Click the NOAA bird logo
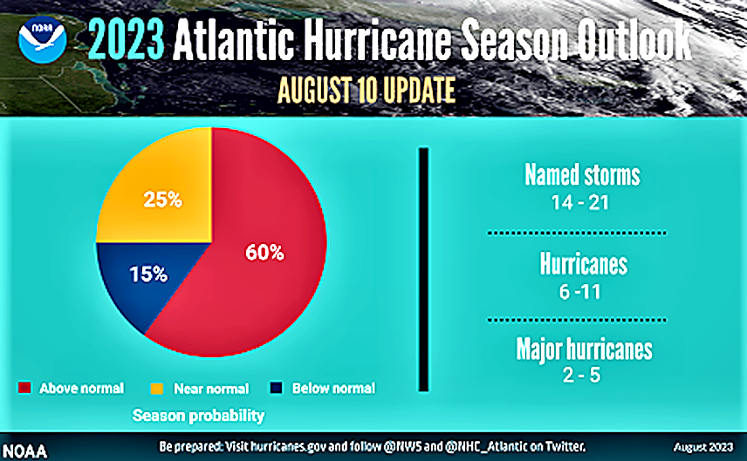point(42,40)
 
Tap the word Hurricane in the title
point(377,39)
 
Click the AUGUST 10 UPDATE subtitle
point(367,90)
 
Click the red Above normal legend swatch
point(24,388)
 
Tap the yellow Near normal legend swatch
point(157,388)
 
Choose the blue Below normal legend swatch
point(277,388)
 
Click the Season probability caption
point(198,416)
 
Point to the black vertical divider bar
point(423,269)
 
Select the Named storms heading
point(582,175)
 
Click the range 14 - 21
point(580,203)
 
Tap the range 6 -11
point(579,292)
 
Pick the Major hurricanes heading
point(584,349)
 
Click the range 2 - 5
point(581,375)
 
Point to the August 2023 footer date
point(703,447)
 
